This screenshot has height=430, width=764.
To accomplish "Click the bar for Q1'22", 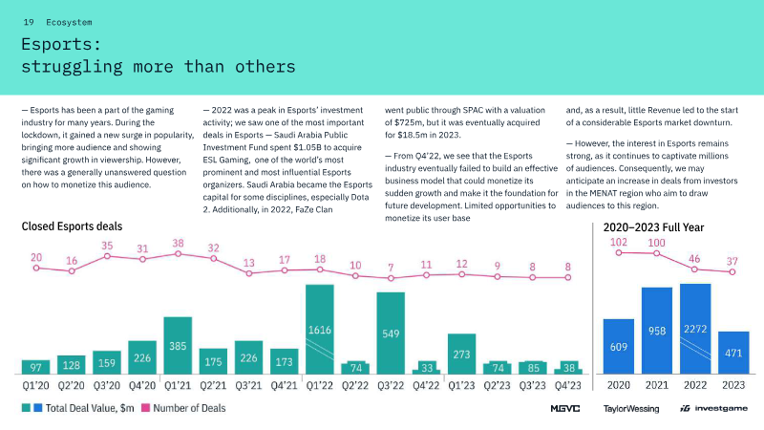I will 319,329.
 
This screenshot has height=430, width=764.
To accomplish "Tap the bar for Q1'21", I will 178,345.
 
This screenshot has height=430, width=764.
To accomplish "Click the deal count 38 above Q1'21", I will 178,244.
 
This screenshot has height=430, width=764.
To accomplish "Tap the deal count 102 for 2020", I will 619,243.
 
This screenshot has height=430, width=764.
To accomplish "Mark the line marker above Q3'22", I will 390,278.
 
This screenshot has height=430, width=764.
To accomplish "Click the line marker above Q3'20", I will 107,256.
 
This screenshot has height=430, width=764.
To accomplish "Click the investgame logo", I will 712,408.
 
